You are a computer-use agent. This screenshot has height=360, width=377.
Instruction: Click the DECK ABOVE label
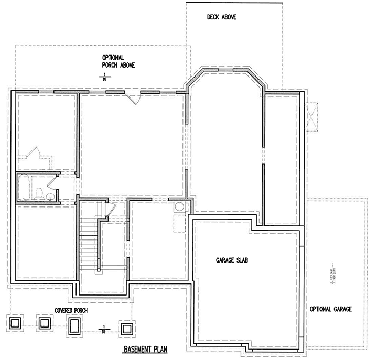pos(222,17)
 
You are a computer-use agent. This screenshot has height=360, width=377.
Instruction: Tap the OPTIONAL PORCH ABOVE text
pos(119,61)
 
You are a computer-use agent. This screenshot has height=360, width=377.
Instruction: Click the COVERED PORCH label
pos(71,311)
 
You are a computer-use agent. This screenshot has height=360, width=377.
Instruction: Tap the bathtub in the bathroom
pos(25,188)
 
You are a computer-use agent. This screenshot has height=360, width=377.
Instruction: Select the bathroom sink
pos(50,197)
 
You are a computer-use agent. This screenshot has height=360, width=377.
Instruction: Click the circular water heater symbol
pos(179,206)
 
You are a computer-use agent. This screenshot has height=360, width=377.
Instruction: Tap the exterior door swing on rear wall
pos(135,99)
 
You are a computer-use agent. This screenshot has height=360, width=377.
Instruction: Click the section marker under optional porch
pos(104,77)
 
